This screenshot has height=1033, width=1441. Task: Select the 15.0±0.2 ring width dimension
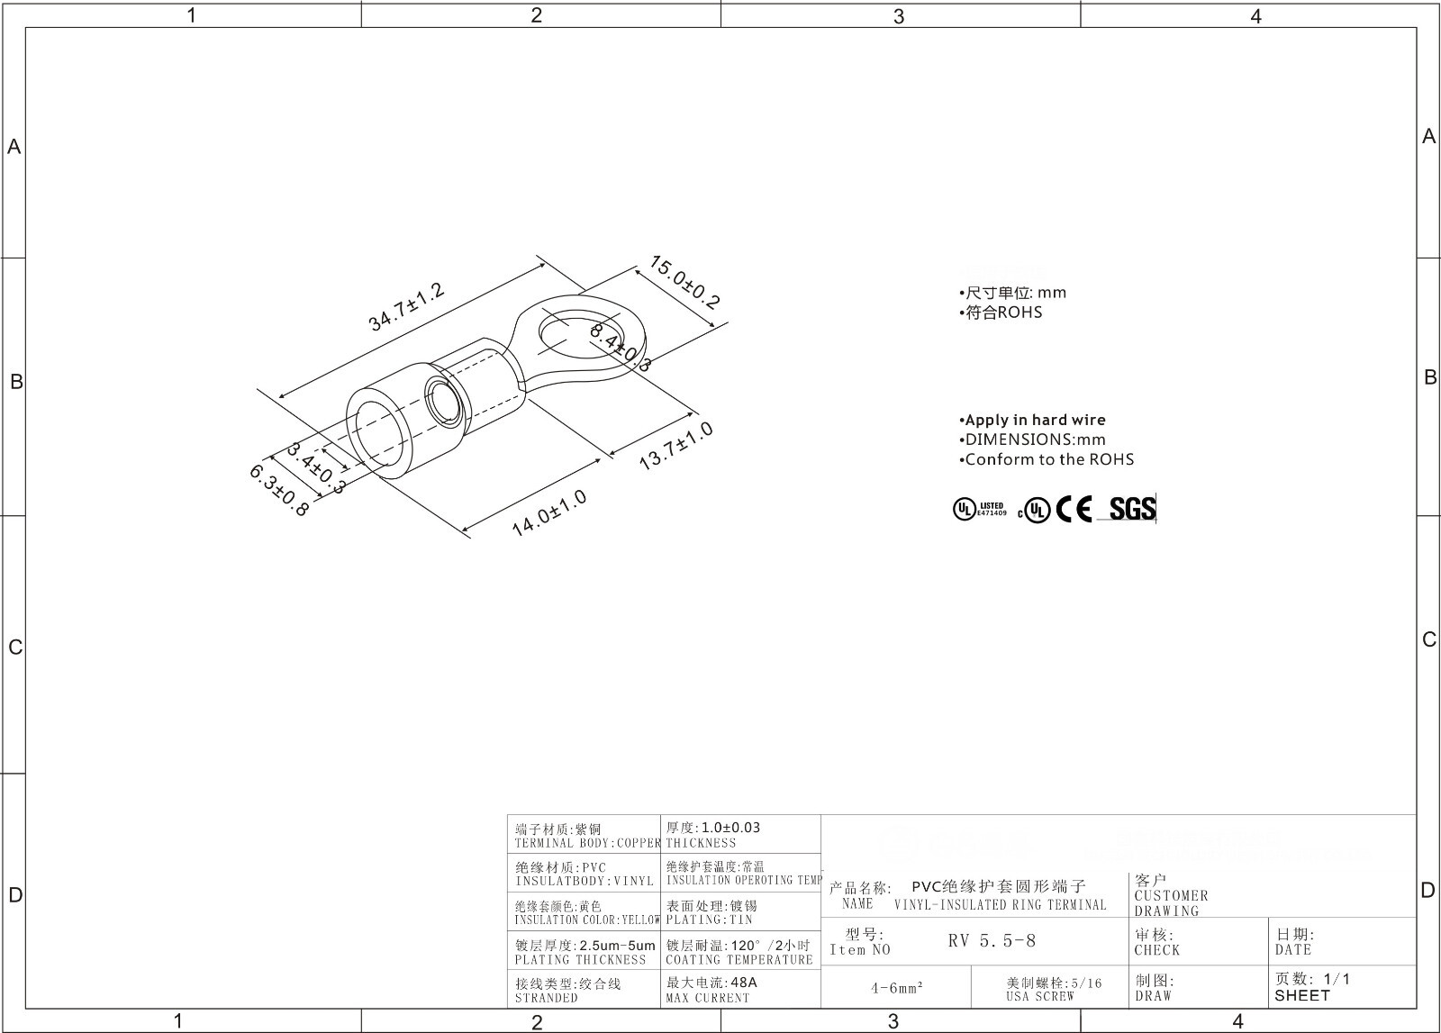(x=684, y=283)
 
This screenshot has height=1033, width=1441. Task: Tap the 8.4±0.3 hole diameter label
(x=620, y=348)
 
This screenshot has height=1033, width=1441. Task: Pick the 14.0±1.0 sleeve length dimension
(x=548, y=513)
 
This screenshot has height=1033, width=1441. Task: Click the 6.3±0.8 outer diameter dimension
(x=278, y=490)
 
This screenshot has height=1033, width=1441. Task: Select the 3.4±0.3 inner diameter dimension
(x=316, y=467)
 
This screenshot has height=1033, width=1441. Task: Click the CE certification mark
(x=1074, y=510)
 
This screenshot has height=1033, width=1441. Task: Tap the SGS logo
(x=1131, y=509)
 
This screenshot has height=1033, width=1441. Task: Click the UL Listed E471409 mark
(x=980, y=510)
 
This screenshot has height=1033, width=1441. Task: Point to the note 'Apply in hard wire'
(x=1034, y=420)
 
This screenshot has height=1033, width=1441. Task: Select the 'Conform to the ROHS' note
(x=1048, y=459)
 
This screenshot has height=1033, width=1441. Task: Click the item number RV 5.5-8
(x=992, y=941)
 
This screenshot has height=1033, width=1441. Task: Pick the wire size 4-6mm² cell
(x=896, y=988)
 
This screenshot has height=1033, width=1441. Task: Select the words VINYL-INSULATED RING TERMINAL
(x=1000, y=905)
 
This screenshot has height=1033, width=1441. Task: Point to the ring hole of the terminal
(x=566, y=333)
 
